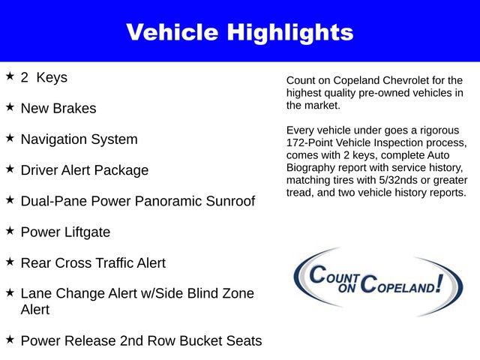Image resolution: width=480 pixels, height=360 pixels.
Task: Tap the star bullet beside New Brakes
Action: [10, 107]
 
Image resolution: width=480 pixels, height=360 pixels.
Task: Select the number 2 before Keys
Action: [25, 77]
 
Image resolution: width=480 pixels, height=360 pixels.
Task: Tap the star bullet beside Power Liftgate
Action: [10, 231]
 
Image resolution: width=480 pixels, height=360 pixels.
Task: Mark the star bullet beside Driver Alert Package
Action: [10, 169]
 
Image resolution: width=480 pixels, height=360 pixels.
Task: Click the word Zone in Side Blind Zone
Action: [238, 294]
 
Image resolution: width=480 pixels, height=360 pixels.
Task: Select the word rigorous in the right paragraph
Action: [445, 130]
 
